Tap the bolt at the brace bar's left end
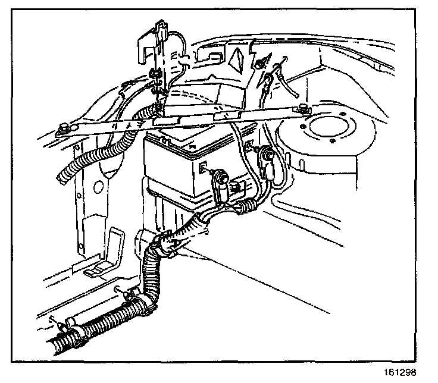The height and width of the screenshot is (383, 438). coord(64,126)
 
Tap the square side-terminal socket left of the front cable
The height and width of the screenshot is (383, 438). coord(204,168)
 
